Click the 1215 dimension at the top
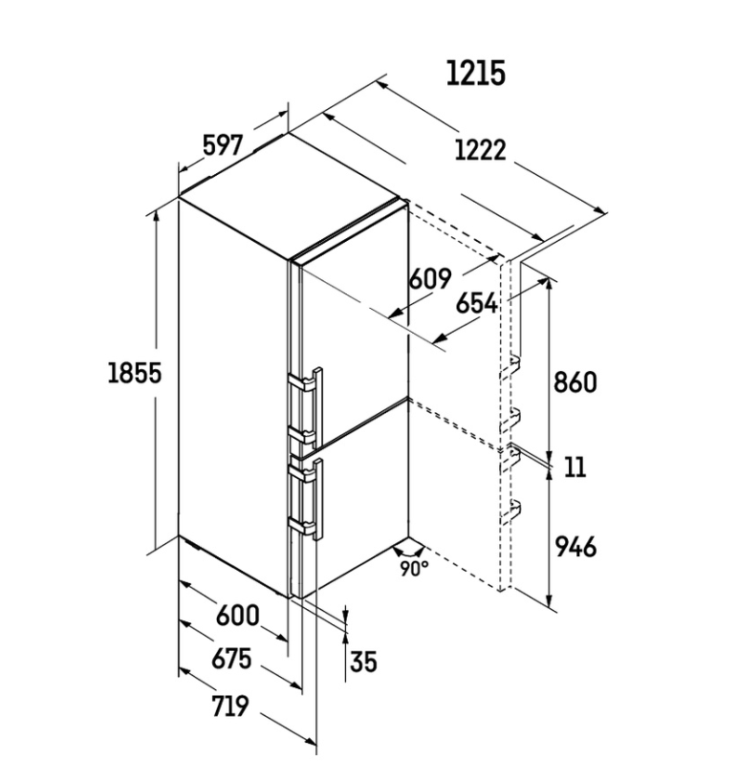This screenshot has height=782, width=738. [x=476, y=74]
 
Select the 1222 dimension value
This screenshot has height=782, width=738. [x=480, y=150]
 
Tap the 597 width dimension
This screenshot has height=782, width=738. [x=223, y=145]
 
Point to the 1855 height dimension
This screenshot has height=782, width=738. [x=135, y=373]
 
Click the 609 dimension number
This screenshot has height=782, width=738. [x=430, y=278]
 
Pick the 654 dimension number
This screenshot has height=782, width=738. [x=477, y=303]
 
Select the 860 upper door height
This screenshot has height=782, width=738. [x=575, y=382]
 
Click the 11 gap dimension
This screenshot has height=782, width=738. [x=575, y=467]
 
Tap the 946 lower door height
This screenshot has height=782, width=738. [x=575, y=547]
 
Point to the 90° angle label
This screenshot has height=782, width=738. [x=414, y=568]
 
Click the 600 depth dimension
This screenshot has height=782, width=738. [x=238, y=616]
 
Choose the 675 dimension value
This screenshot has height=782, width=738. [x=231, y=660]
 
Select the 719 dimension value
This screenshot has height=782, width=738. [x=230, y=706]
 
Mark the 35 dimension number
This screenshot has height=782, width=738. [x=363, y=662]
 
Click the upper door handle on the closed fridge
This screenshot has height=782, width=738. [x=317, y=406]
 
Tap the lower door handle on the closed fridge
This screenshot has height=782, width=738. [x=317, y=499]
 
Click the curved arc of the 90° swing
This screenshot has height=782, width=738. [x=408, y=554]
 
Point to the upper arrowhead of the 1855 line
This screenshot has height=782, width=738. [x=157, y=215]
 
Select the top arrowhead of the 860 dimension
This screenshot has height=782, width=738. [x=550, y=285]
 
